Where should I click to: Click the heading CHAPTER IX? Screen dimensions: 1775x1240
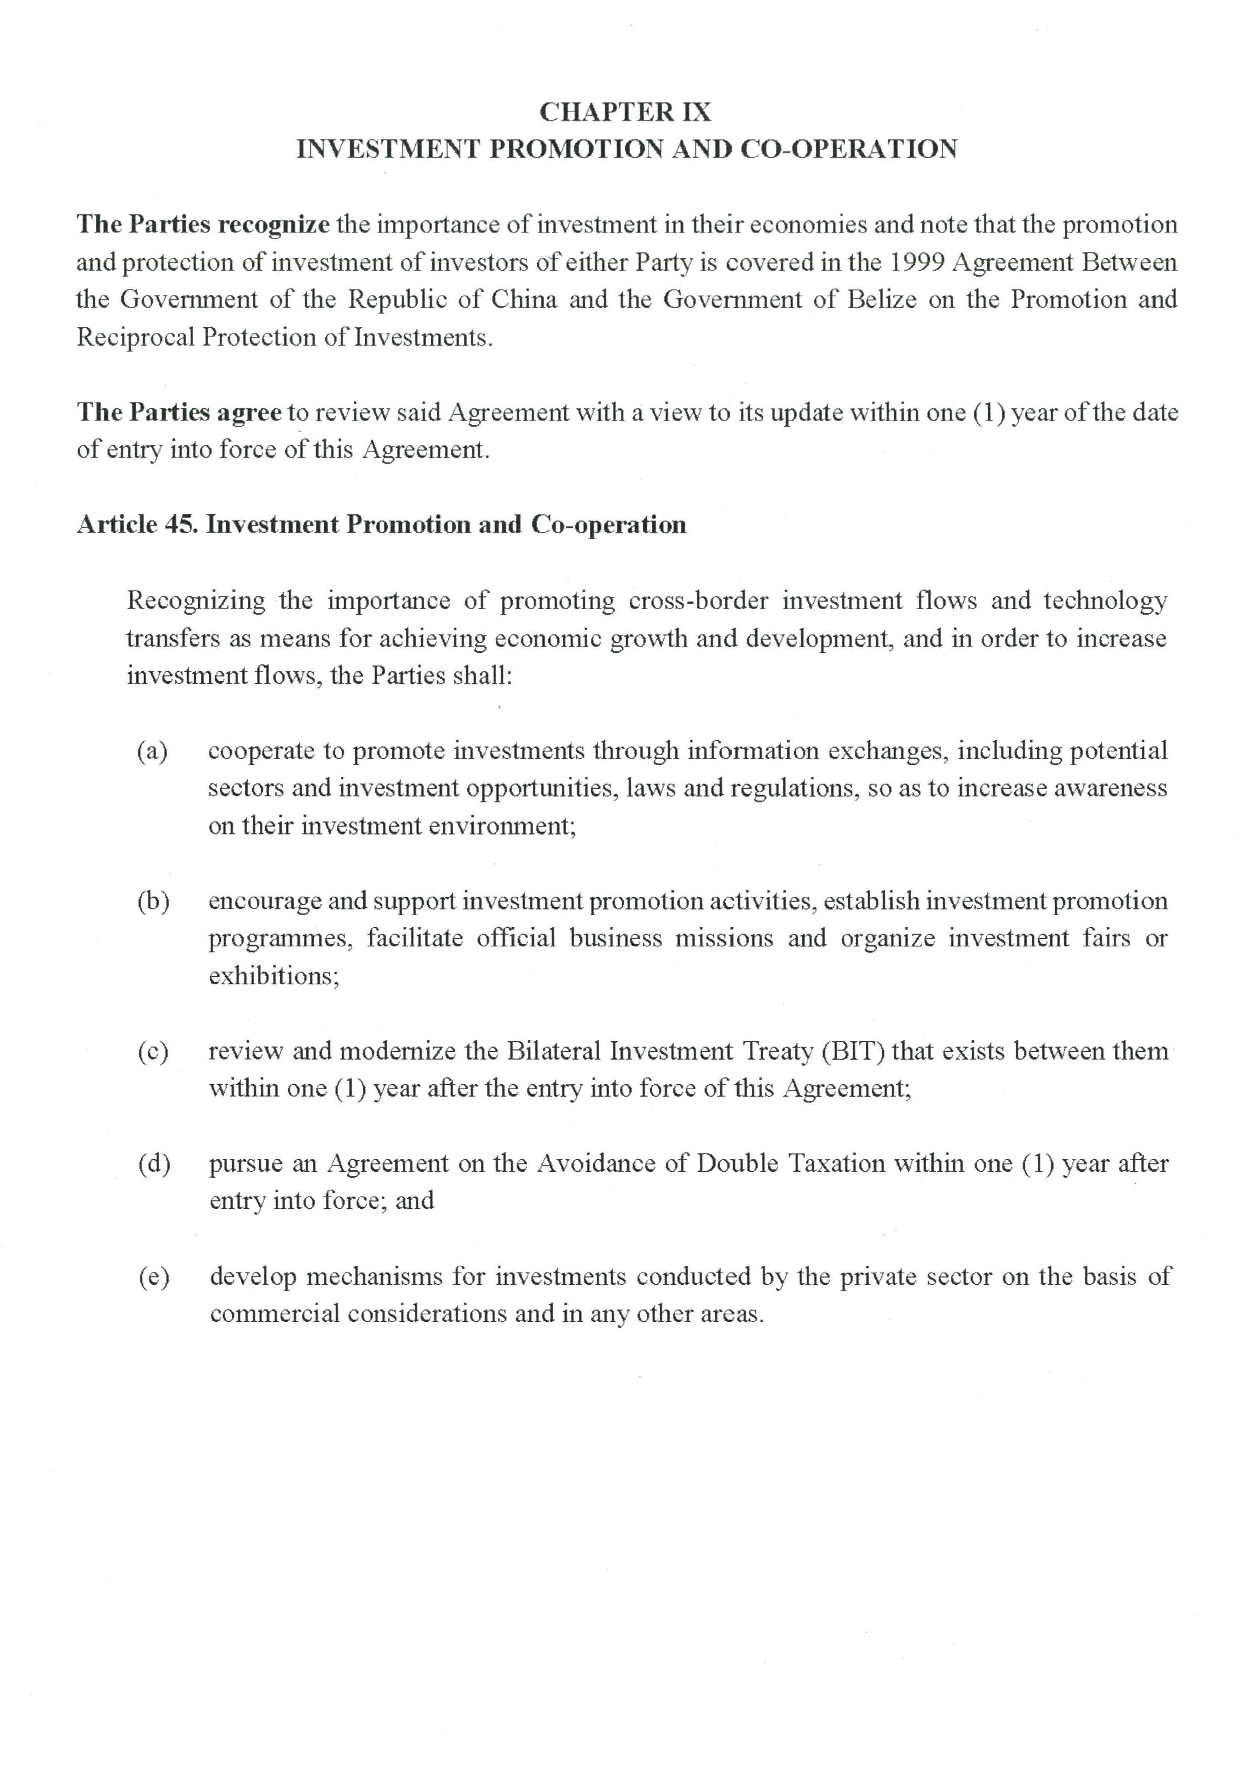(625, 112)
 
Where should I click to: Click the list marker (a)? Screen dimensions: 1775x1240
(152, 751)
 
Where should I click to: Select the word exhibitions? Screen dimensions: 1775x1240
(274, 976)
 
